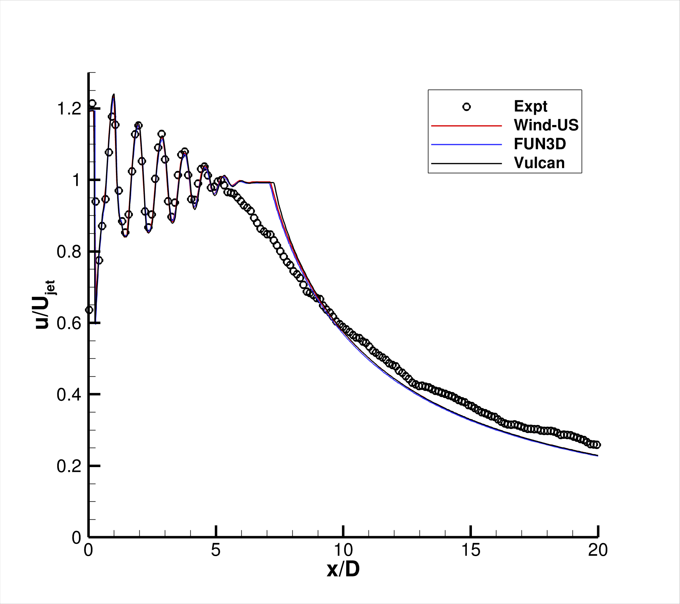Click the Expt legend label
coord(530,107)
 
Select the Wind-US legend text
coord(546,125)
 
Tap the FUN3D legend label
coord(540,144)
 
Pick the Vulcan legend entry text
coord(539,163)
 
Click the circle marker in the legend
coord(466,107)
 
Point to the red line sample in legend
coord(466,126)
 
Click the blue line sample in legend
coord(466,145)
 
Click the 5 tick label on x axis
coord(216,550)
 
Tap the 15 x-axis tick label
coord(471,550)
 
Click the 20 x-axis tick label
coord(598,550)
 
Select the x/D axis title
coord(343,569)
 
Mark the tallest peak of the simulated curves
coord(114,95)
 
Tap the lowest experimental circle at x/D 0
coord(89,310)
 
